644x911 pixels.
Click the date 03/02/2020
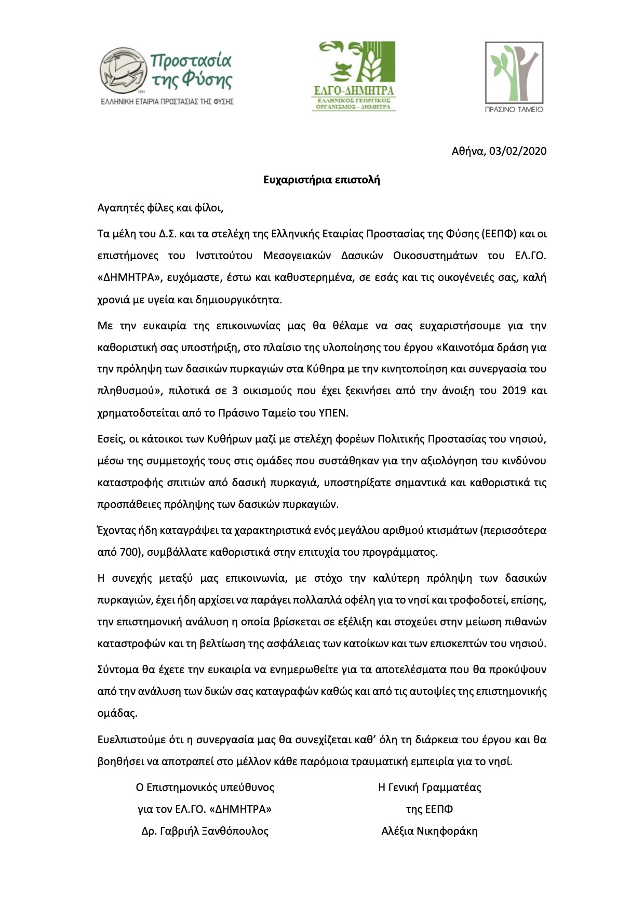(518, 151)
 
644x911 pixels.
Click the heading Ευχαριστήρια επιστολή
(321, 180)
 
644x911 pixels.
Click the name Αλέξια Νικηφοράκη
(430, 831)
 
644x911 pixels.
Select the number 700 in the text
(129, 552)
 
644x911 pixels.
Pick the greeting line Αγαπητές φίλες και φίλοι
(160, 208)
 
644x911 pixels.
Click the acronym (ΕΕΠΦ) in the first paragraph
(499, 234)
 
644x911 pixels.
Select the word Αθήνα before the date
(468, 151)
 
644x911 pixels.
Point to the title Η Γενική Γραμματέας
(430, 787)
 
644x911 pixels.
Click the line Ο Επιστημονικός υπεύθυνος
(205, 787)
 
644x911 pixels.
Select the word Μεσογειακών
(297, 256)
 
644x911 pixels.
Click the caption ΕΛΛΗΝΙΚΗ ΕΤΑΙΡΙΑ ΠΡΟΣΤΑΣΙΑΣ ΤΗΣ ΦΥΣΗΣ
(167, 102)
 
